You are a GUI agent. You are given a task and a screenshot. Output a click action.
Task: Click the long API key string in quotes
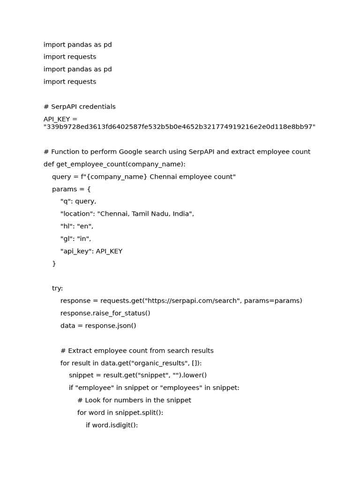point(180,127)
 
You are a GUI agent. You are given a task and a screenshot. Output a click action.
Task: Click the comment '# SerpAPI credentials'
point(80,107)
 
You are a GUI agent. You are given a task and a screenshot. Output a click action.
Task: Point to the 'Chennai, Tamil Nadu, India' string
point(145,214)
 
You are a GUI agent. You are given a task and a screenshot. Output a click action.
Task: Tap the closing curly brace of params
point(54,264)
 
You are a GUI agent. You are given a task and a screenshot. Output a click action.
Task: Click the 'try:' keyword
point(57,288)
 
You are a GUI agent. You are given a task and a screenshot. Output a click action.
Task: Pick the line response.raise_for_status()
point(105,313)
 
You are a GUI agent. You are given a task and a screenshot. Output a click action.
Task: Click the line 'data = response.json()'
point(98,326)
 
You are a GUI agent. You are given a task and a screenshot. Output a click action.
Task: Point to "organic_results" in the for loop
point(159,363)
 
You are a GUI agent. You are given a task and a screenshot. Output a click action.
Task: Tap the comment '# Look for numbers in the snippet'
point(135,400)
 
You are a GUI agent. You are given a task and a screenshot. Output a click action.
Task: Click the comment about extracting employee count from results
point(137,351)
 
